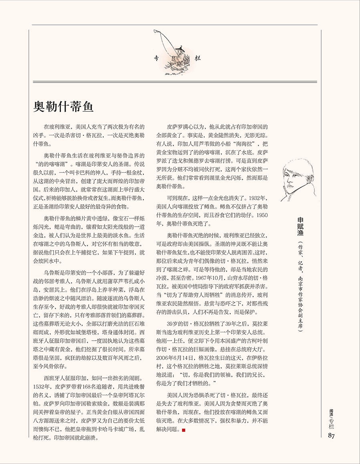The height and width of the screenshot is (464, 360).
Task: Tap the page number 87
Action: coord(331,436)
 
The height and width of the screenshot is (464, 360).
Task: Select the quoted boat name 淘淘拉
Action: coord(245,144)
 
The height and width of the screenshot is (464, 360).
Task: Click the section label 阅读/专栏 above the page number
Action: coord(331,419)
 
